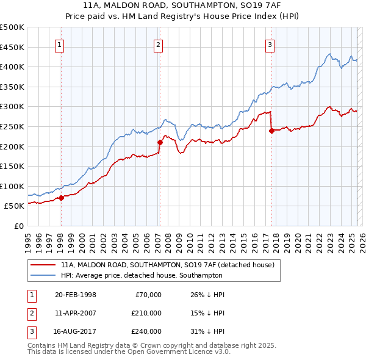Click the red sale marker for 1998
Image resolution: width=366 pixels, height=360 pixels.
pos(61,198)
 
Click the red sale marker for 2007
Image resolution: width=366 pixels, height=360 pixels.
pos(160,142)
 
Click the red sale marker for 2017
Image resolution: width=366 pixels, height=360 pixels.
pos(271,131)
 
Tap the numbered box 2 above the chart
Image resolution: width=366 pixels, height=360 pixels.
pos(158,44)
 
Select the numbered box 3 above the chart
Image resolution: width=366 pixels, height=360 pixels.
pos(270,44)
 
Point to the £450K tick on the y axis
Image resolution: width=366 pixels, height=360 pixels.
pos(13,47)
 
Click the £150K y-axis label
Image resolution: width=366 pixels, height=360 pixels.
pos(13,166)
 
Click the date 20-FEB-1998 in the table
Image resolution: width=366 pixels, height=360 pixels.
pos(75,295)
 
